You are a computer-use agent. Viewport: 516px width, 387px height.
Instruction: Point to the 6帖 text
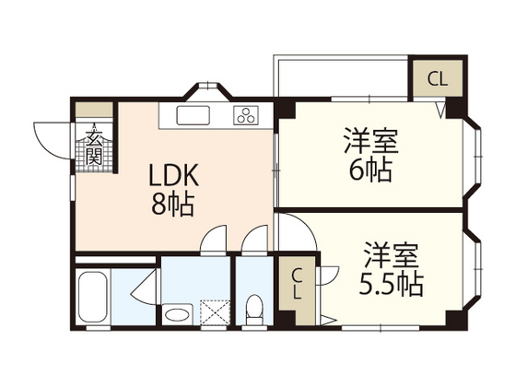click(369, 170)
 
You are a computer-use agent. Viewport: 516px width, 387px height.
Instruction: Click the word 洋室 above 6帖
click(371, 142)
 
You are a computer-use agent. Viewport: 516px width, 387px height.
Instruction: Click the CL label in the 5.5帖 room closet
click(297, 284)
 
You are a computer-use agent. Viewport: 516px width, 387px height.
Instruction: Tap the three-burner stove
click(247, 115)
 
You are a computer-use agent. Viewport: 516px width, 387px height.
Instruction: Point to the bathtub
click(94, 298)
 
